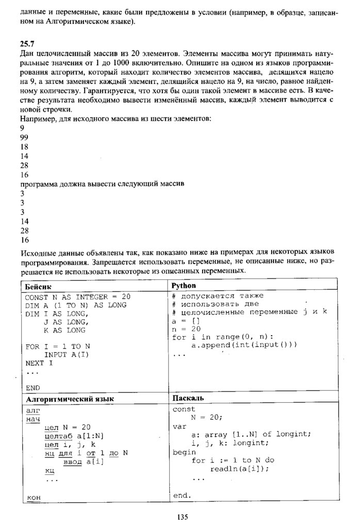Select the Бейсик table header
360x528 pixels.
[37, 286]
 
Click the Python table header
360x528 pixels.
[184, 285]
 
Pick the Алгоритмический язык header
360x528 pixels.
[70, 399]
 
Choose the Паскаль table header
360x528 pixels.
[188, 398]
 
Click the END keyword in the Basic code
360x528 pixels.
[32, 387]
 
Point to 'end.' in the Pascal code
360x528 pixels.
[182, 496]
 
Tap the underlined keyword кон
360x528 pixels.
[33, 497]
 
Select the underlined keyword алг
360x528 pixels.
[32, 410]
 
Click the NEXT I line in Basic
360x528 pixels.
[39, 363]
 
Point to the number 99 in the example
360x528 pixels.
[24, 137]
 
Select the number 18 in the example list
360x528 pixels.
[24, 146]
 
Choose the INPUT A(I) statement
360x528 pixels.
[66, 355]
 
